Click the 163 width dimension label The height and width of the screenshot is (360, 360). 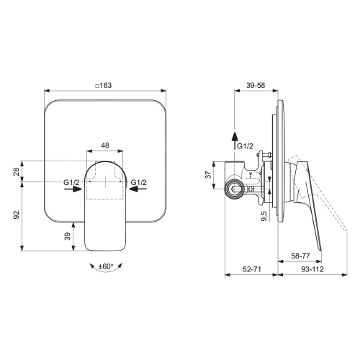106,85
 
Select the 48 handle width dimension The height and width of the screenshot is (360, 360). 105,145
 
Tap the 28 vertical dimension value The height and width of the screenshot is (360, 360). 17,172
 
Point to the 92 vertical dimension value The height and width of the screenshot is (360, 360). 17,215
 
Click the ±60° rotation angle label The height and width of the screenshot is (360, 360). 106,266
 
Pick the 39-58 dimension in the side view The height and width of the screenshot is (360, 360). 256,85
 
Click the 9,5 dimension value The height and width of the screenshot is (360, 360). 264,216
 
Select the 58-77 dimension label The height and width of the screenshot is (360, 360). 300,256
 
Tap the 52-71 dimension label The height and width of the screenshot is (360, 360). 251,269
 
